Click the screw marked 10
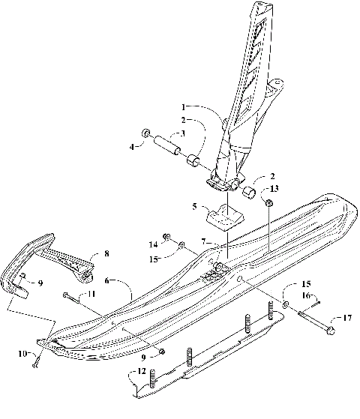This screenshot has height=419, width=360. (x=36, y=364)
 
